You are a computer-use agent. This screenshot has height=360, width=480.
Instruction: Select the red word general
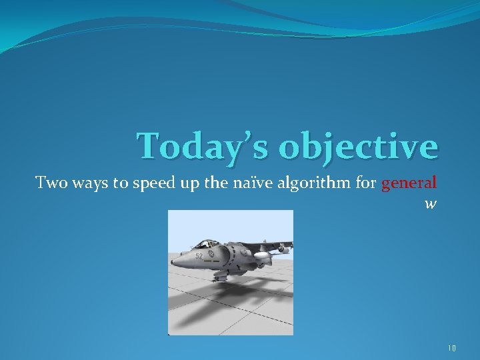coord(409,183)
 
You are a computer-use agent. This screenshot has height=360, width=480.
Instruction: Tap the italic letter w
coord(430,204)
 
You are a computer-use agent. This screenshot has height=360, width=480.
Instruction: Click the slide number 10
coord(452,347)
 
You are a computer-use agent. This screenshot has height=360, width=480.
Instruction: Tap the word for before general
coord(366,183)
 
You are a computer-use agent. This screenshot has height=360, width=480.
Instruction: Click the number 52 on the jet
coord(199,255)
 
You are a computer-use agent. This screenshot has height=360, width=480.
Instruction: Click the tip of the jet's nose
coord(173,264)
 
